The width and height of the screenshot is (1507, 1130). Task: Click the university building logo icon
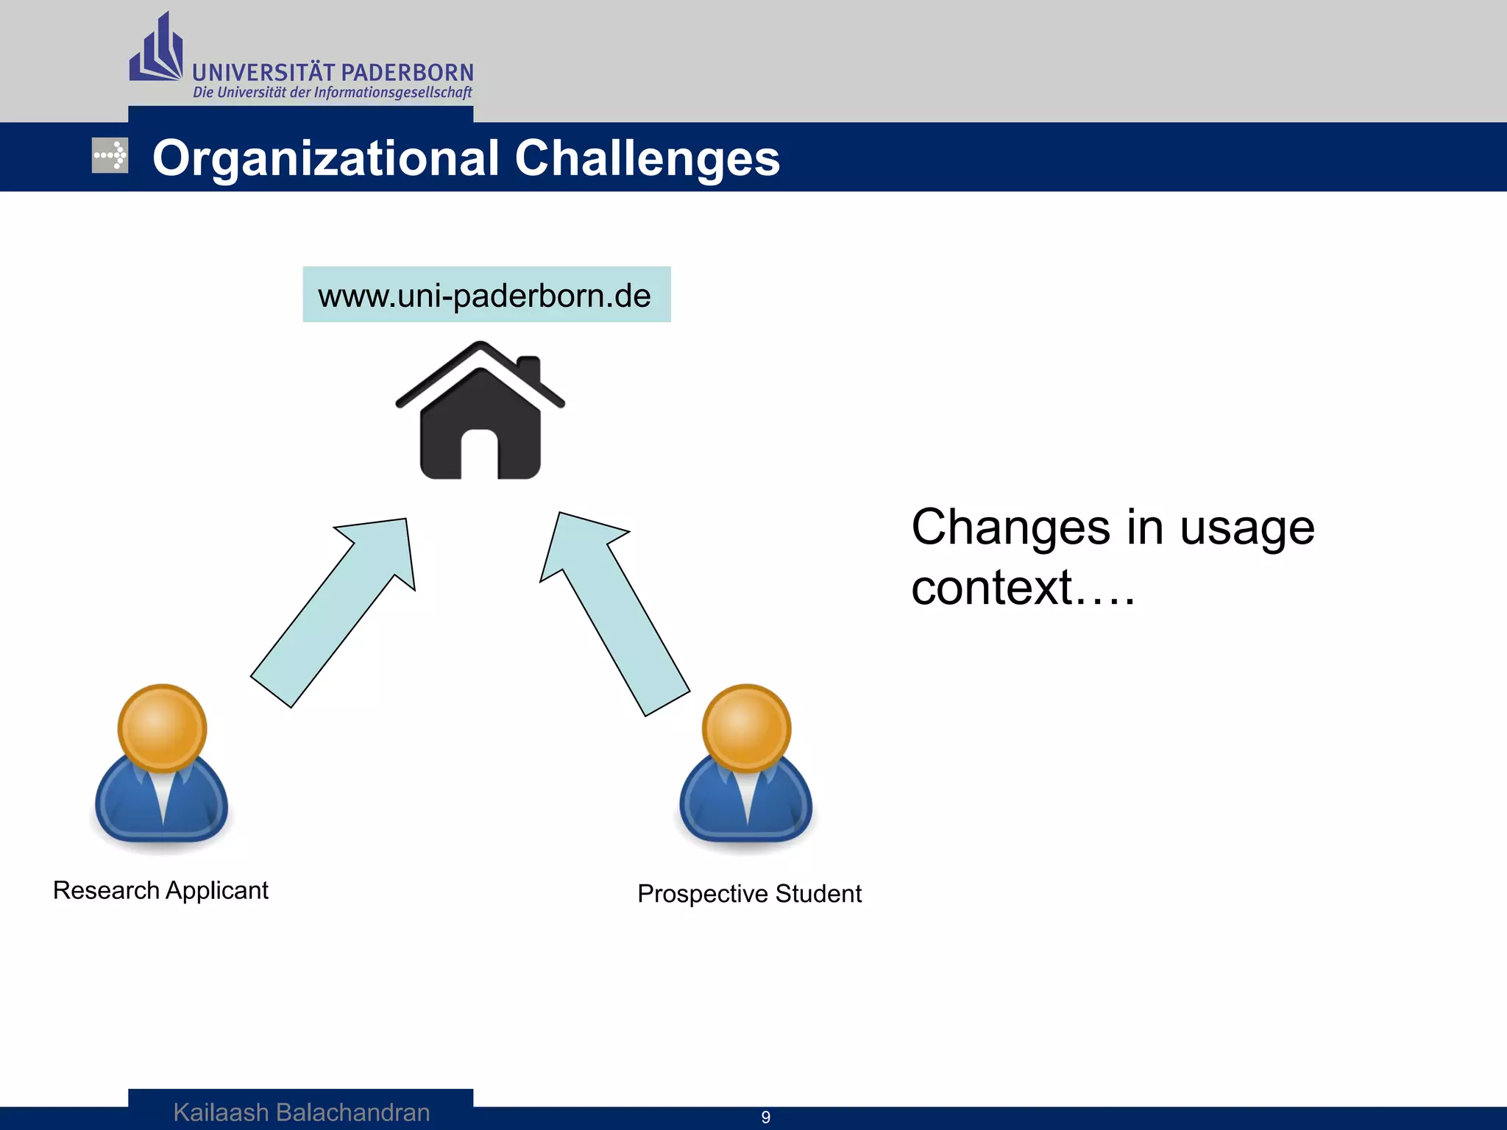[157, 50]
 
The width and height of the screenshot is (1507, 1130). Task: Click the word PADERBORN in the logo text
[408, 73]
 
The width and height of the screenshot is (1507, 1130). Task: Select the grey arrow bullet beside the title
[110, 155]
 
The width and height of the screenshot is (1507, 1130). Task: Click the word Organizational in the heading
[325, 158]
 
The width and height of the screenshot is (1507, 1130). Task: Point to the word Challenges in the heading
[647, 158]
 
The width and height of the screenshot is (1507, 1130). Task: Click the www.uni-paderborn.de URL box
[486, 295]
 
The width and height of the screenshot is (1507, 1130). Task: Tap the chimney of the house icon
[528, 368]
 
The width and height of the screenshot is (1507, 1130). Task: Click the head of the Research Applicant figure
[162, 727]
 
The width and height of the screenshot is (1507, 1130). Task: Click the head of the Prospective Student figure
[746, 727]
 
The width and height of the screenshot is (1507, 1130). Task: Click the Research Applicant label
[160, 890]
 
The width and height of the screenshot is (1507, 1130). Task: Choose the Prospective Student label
[749, 893]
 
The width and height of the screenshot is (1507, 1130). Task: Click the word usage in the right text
[1247, 528]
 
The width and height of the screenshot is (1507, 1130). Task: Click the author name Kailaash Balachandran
[301, 1112]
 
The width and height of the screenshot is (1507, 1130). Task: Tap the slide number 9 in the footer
[765, 1117]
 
